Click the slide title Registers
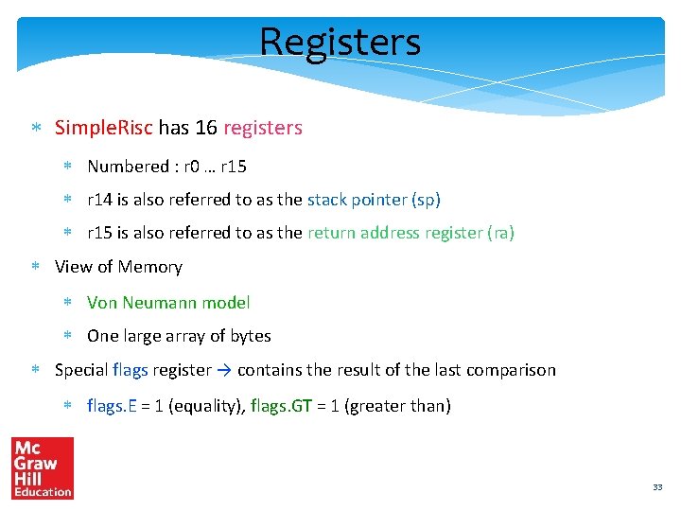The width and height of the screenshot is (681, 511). coord(340,42)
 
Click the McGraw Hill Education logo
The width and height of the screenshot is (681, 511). coord(43,467)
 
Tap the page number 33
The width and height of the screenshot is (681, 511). coord(657,486)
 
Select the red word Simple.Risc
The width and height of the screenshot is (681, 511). coord(104,128)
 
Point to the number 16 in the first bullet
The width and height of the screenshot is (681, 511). coord(206,128)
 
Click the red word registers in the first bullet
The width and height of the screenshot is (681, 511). coord(263,128)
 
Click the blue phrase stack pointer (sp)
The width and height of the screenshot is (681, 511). coord(374,200)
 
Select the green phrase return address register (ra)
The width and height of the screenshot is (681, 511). coord(410,233)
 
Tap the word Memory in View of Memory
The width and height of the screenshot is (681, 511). coord(150,267)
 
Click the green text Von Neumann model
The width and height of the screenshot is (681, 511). coord(168,303)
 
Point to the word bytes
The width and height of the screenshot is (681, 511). coord(250,336)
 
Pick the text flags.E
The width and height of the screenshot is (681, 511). coord(110,406)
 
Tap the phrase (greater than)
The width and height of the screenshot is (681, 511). coord(397,406)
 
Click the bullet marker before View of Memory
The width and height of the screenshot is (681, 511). coord(35,268)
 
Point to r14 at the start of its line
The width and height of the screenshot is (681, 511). coord(98,200)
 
